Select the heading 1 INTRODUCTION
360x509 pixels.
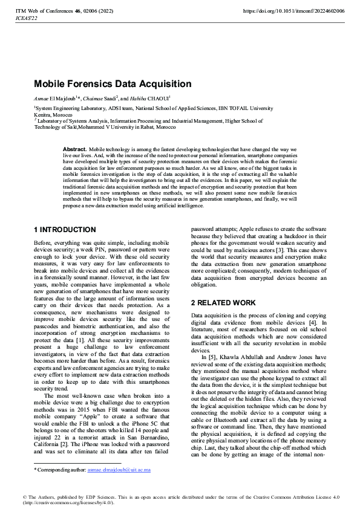65,230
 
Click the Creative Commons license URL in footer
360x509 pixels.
62,502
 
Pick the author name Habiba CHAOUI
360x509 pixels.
154,98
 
